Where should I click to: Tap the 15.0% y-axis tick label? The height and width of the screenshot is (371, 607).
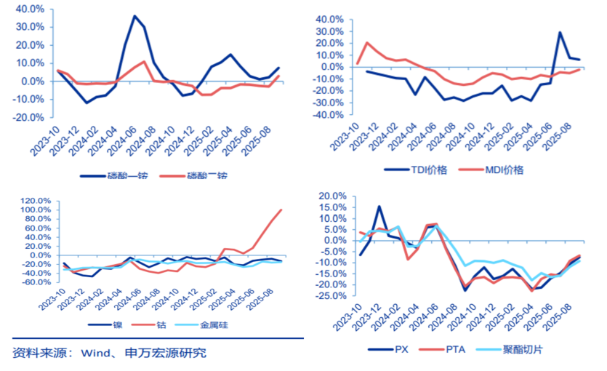332,207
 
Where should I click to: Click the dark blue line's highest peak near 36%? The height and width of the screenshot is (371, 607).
134,16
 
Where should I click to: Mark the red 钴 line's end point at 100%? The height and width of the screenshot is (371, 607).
281,210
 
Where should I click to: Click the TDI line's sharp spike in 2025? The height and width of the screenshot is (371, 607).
560,32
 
